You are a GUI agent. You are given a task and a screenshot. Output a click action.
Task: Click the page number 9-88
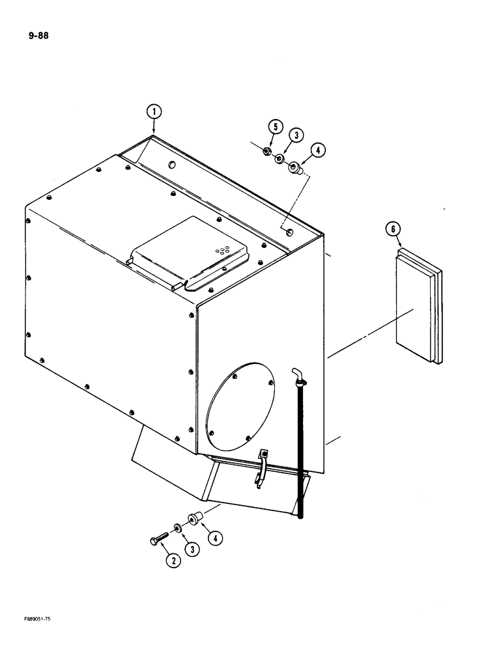(38, 35)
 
